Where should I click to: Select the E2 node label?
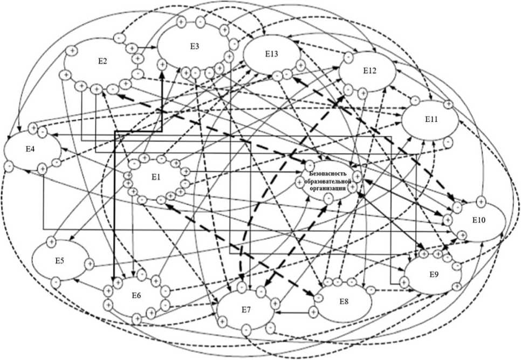click(102, 61)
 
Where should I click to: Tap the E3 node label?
click(195, 46)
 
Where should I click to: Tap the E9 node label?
click(434, 274)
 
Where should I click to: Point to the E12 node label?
click(369, 71)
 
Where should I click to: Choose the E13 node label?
click(271, 54)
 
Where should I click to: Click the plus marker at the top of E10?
click(481, 201)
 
